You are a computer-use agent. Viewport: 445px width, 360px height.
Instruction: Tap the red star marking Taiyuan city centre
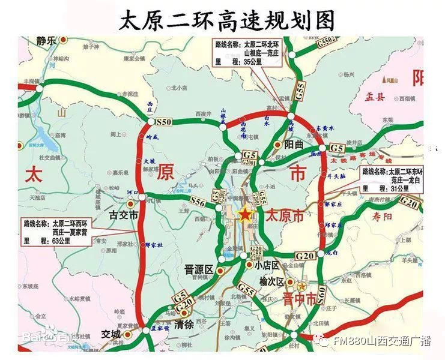[x=245, y=215]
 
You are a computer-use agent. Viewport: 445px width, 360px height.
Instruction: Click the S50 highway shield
[x=163, y=122]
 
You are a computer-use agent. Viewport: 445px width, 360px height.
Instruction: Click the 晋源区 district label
[x=199, y=271]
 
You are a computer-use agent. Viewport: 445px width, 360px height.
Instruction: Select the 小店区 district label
[x=267, y=265]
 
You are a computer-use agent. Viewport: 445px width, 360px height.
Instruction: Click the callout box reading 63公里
[x=56, y=231]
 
